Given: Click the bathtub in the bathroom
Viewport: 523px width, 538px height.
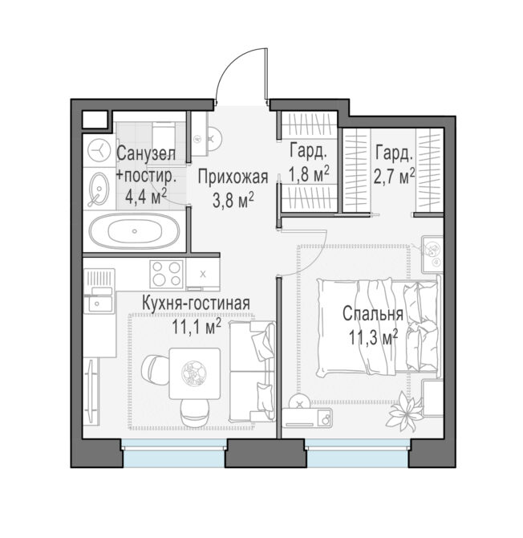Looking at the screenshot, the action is click(x=134, y=230).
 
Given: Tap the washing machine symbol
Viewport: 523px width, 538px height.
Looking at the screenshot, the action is click(x=99, y=150).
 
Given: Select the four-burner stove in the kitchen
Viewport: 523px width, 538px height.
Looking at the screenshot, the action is click(x=167, y=274).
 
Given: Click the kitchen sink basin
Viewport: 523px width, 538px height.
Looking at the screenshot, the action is click(x=99, y=304).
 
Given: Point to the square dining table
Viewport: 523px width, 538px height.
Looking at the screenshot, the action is click(x=195, y=373).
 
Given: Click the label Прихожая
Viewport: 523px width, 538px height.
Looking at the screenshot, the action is click(x=233, y=177).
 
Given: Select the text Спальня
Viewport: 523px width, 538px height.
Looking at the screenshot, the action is click(x=373, y=314).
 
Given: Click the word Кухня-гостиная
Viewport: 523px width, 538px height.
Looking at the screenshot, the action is click(x=196, y=304).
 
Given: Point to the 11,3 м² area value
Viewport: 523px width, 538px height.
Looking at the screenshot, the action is click(x=374, y=338).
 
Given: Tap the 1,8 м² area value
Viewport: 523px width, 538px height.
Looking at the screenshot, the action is click(x=309, y=174).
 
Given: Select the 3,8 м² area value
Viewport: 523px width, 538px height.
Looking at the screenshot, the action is click(x=233, y=201).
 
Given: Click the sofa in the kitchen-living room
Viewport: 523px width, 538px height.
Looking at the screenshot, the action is click(x=252, y=370).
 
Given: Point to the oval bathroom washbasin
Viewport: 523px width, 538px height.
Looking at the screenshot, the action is click(x=99, y=189).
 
